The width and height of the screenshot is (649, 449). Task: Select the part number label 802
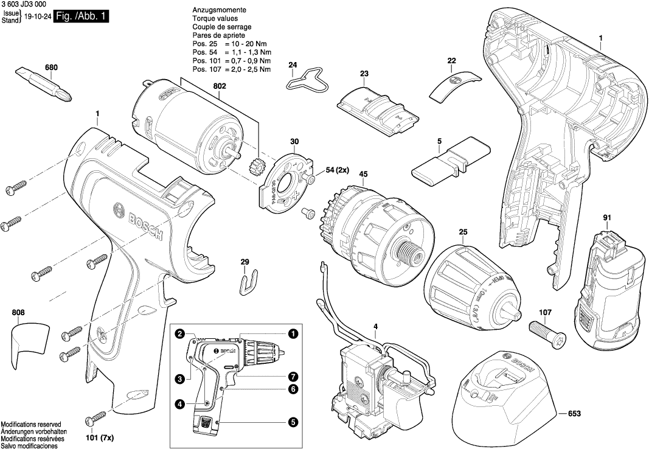(x=220, y=86)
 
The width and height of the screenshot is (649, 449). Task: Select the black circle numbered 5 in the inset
(x=293, y=421)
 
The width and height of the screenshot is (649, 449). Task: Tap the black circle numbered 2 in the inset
(x=180, y=333)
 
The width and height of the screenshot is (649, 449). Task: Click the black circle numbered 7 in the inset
(x=293, y=376)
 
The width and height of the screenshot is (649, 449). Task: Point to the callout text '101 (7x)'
(x=99, y=437)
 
